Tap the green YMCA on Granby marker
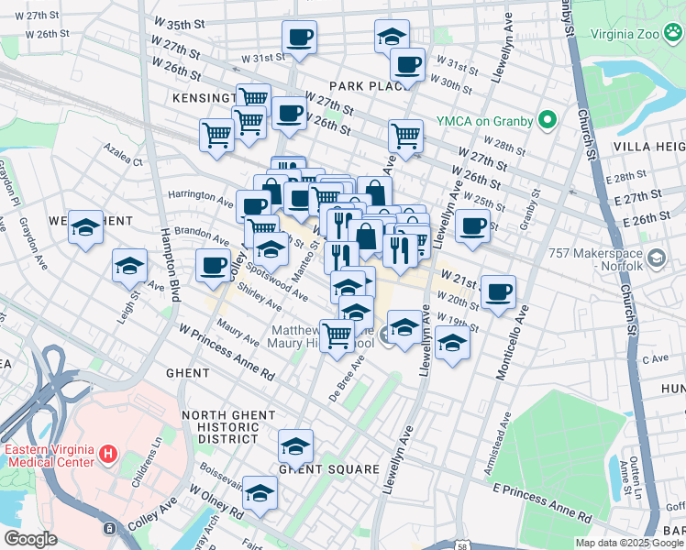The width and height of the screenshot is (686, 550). tap(548, 120)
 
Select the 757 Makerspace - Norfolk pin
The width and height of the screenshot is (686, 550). tap(656, 259)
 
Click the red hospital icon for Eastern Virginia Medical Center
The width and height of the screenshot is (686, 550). tap(108, 454)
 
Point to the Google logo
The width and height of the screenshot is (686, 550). tap(30, 539)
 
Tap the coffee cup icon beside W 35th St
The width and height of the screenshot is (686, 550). tap(300, 37)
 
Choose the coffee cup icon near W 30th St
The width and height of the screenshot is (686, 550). tap(407, 64)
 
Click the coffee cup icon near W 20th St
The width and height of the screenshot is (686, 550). tap(498, 291)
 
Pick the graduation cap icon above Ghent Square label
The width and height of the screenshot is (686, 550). tap(295, 445)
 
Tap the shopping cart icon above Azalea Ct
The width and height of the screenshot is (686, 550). tap(217, 135)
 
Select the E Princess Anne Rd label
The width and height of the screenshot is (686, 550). tap(544, 502)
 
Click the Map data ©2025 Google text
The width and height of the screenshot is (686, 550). tap(615, 543)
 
